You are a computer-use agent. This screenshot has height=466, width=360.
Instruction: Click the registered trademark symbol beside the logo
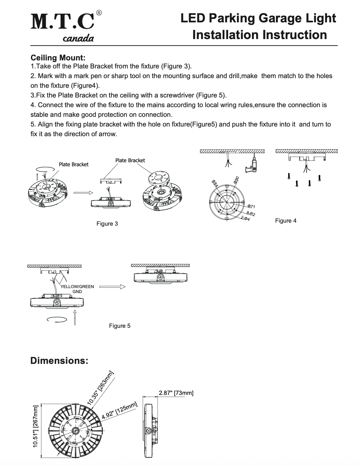99,13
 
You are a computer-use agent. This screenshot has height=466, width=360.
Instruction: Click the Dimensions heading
59,361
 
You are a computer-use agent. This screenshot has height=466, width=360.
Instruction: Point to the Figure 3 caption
107,223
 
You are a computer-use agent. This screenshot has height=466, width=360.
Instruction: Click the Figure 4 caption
286,221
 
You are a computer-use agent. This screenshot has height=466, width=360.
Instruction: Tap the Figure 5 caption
120,326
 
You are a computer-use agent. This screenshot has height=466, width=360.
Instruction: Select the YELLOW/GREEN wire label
77,287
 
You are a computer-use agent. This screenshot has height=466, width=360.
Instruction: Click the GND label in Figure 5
77,291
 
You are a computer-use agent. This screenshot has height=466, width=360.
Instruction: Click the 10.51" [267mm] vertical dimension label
36,425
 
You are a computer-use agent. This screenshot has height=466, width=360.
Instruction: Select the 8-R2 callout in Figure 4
250,213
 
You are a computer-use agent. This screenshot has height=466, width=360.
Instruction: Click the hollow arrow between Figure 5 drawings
112,286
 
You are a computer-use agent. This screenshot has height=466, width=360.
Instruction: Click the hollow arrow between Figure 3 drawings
82,192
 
